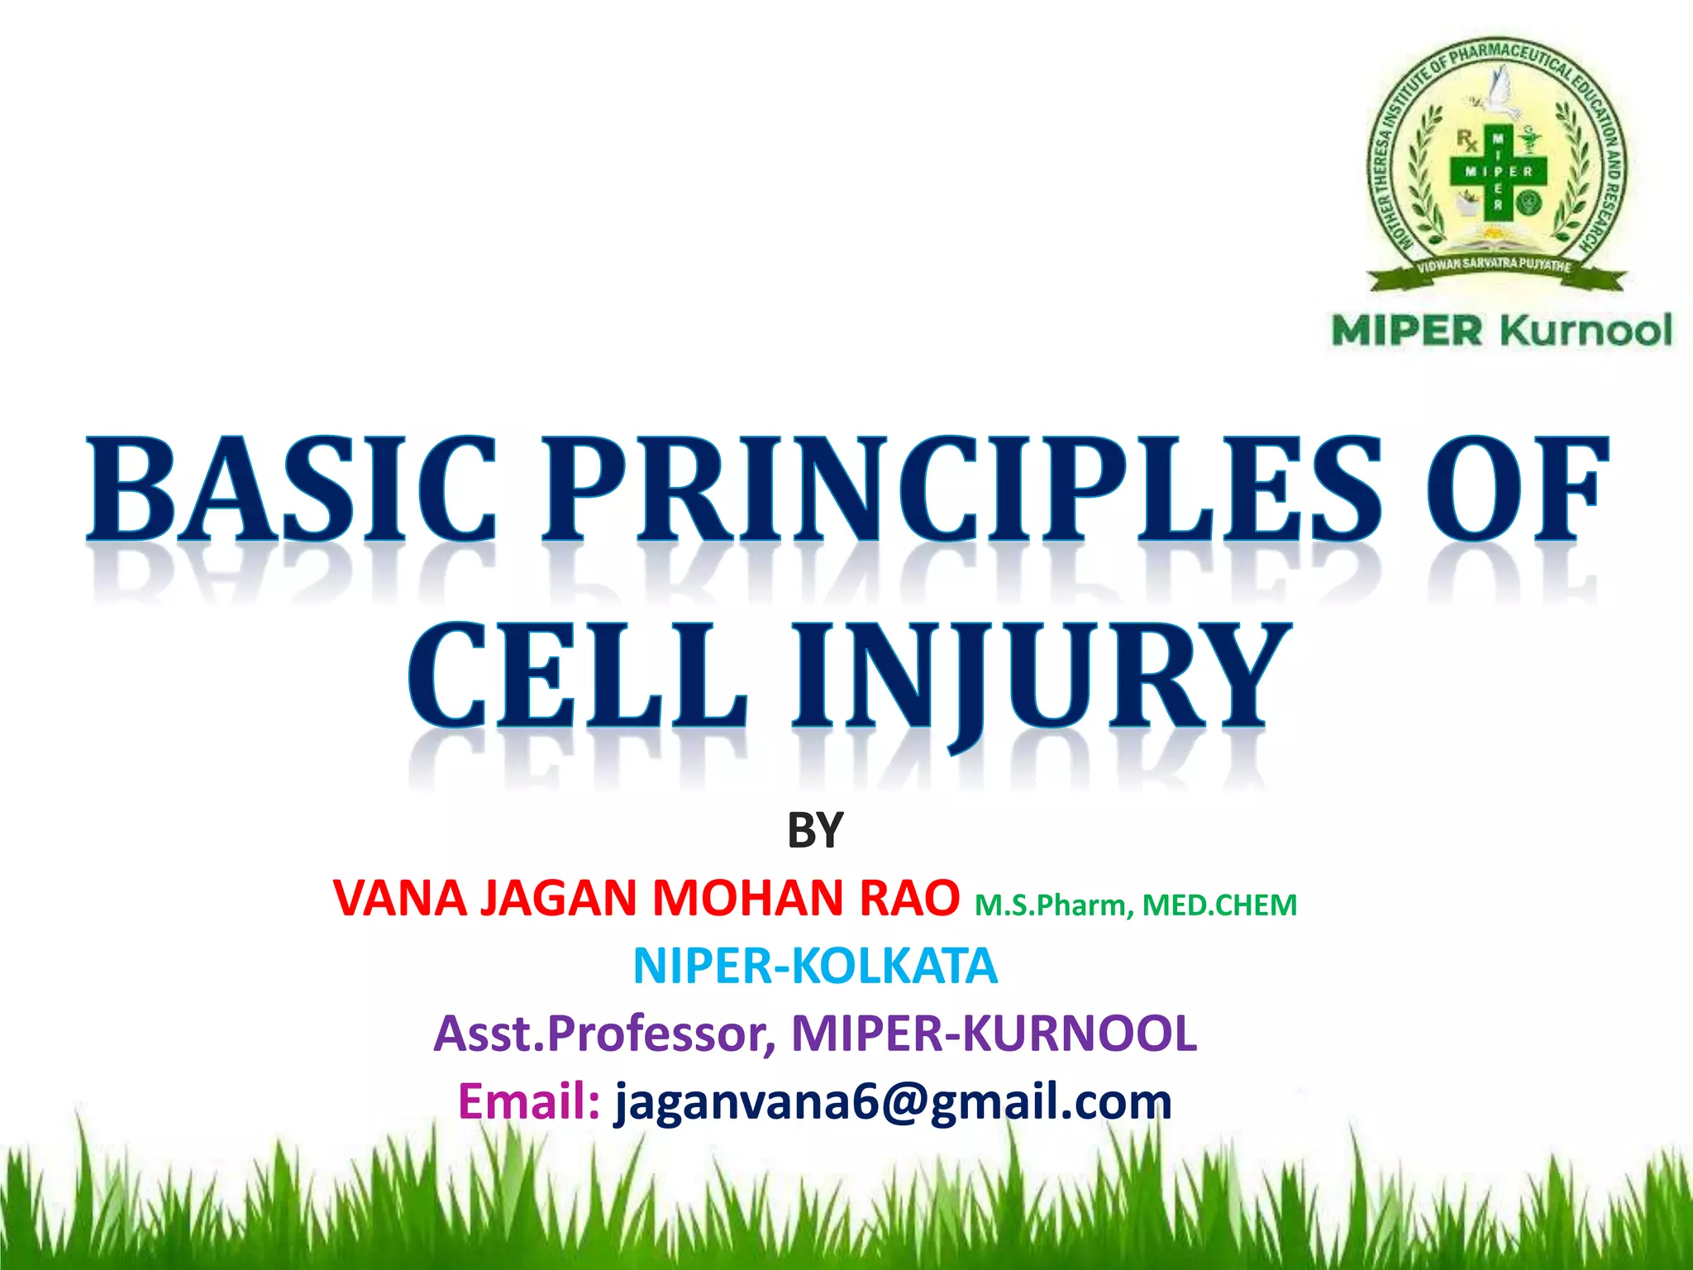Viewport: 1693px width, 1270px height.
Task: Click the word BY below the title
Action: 815,831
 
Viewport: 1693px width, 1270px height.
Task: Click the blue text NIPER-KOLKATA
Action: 815,966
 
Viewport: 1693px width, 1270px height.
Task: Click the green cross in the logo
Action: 1498,173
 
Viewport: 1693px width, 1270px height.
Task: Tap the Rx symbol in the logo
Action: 1467,141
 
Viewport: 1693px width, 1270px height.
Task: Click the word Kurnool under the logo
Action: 1586,331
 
